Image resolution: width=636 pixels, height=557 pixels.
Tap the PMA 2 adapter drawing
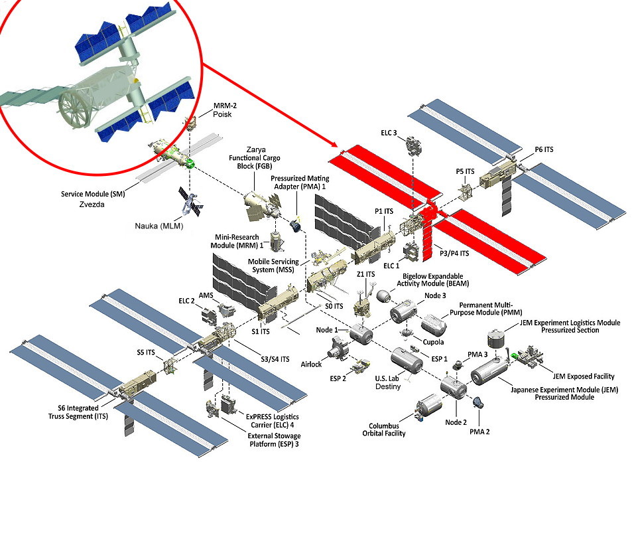(478, 402)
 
